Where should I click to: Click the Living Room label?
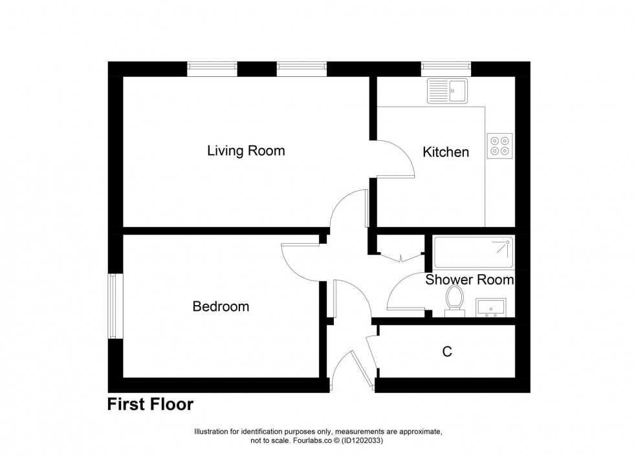pyautogui.click(x=246, y=151)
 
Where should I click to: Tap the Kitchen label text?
pyautogui.click(x=445, y=153)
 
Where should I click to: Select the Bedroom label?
pyautogui.click(x=221, y=306)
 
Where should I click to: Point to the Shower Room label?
pyautogui.click(x=469, y=281)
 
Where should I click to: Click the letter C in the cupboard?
pyautogui.click(x=446, y=352)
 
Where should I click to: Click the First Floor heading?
pyautogui.click(x=150, y=405)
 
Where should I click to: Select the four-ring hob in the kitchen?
pyautogui.click(x=499, y=145)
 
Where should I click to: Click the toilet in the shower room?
pyautogui.click(x=454, y=301)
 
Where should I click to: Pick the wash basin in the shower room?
pyautogui.click(x=494, y=308)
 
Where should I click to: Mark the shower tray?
pyautogui.click(x=474, y=253)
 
